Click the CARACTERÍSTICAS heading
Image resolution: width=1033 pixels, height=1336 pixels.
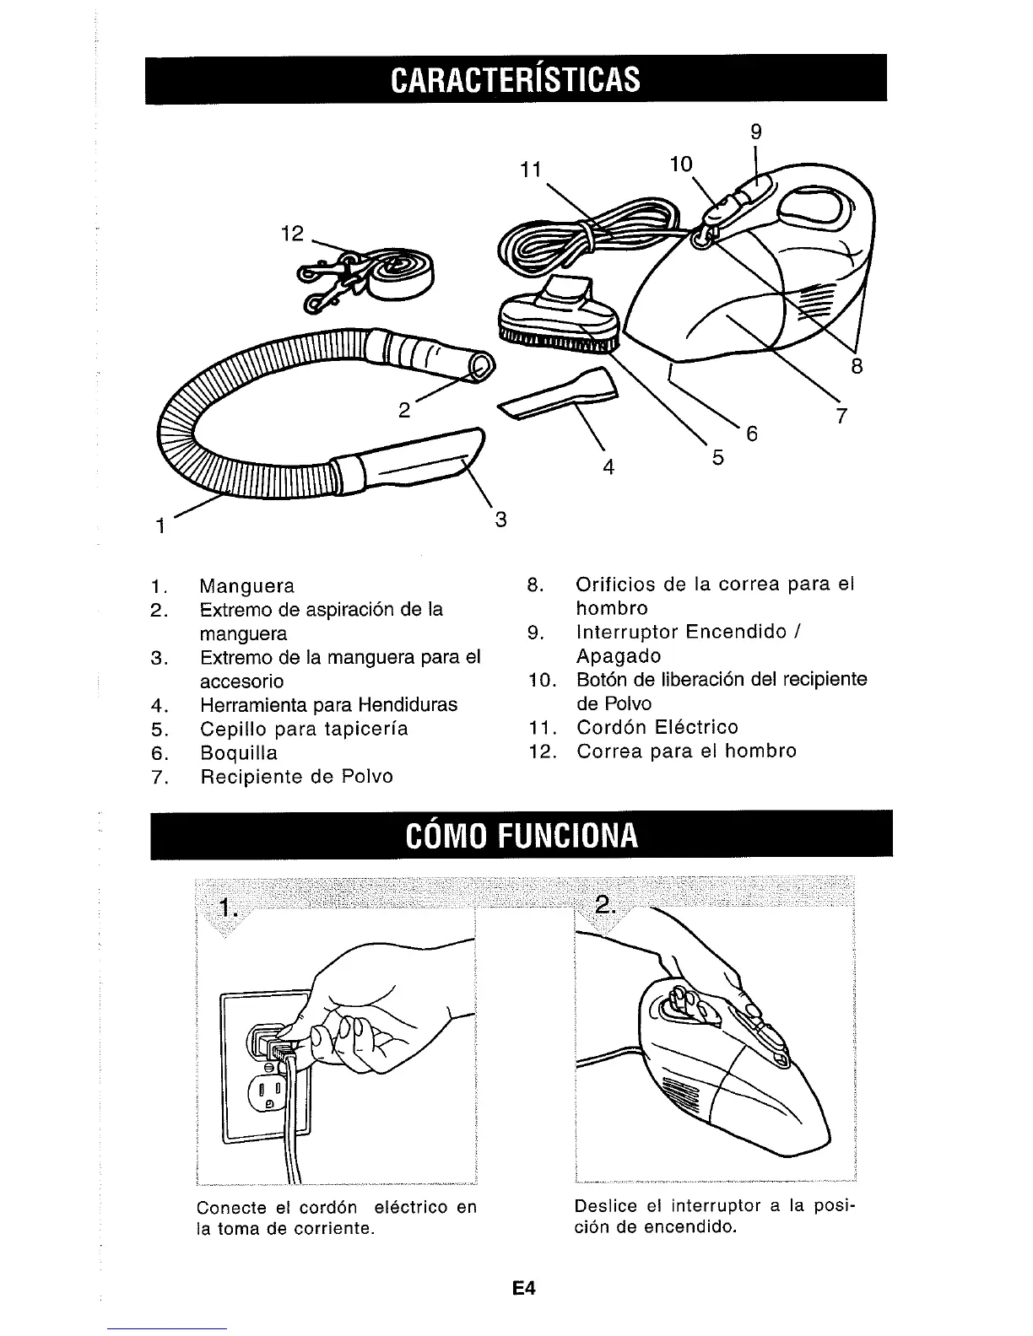(516, 78)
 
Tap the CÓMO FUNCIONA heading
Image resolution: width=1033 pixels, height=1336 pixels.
(521, 834)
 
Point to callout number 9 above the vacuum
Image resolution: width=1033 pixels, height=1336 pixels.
(756, 132)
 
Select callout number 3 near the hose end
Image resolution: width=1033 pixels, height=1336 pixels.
(500, 520)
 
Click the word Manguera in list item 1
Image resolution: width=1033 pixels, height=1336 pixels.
(246, 586)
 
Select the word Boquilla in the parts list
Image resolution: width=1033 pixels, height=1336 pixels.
(238, 752)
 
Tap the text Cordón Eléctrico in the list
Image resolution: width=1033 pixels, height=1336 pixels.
(657, 727)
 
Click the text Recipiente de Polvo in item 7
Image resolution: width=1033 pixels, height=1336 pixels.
(296, 776)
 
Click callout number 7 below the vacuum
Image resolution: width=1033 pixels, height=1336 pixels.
(841, 415)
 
